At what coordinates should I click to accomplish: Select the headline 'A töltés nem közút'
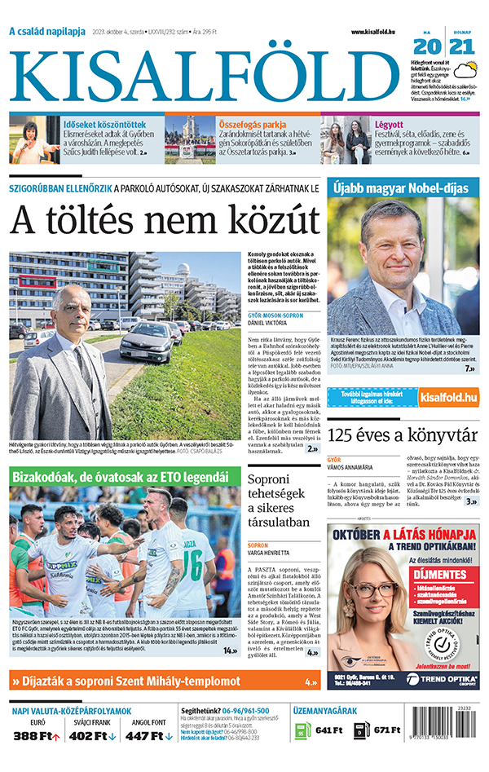pos(164,220)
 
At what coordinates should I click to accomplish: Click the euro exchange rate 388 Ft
pos(37,736)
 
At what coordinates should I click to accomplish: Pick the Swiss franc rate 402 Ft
pos(92,736)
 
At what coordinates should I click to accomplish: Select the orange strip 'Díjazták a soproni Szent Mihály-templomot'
pos(164,681)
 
